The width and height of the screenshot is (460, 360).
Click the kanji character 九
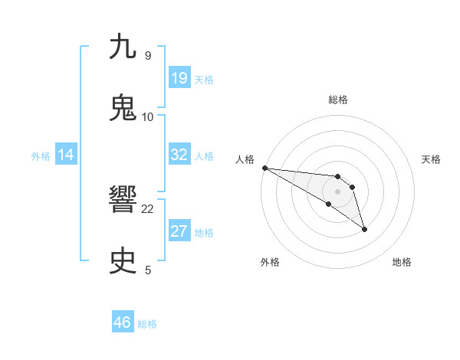click(x=123, y=47)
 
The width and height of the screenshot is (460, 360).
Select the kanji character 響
click(x=123, y=201)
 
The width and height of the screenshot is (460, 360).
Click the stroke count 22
click(x=148, y=208)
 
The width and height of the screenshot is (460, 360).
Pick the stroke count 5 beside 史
click(x=148, y=270)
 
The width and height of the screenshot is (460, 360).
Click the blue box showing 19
click(x=179, y=78)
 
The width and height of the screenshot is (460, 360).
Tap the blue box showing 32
click(x=179, y=155)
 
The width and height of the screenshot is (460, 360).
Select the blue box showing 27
click(x=179, y=231)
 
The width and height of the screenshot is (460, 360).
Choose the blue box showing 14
click(x=66, y=155)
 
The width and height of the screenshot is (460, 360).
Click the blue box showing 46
click(x=123, y=322)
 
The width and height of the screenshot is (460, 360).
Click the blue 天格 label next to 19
click(x=204, y=79)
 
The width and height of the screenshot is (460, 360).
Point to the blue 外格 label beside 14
click(x=41, y=155)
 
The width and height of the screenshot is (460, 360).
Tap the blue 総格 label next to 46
click(x=147, y=323)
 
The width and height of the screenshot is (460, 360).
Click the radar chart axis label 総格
click(x=338, y=100)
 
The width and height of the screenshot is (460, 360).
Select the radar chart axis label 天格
click(x=432, y=159)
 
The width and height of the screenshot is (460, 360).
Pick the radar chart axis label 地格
click(x=402, y=262)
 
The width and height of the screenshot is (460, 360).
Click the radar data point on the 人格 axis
click(x=264, y=168)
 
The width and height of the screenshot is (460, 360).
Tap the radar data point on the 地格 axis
click(x=364, y=228)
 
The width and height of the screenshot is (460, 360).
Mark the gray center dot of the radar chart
click(x=338, y=191)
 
